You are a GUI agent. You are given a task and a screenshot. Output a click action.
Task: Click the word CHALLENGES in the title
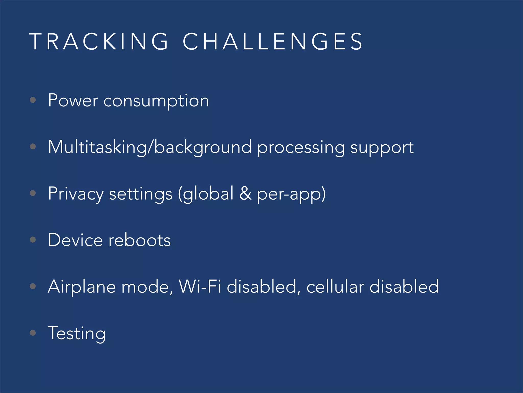click(273, 41)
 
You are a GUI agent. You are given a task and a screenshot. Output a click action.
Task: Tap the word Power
click(73, 100)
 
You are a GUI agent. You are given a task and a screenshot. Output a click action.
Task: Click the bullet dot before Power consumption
click(33, 100)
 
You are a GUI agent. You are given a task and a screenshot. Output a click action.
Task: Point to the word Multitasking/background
click(150, 147)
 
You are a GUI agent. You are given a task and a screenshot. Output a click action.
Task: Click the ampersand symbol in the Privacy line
click(245, 193)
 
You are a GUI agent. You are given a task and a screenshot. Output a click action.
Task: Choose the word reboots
click(140, 241)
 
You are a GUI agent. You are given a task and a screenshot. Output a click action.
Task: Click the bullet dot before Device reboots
click(33, 239)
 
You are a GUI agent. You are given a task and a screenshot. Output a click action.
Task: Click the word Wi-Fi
click(200, 287)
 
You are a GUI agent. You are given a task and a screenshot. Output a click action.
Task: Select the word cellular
click(335, 287)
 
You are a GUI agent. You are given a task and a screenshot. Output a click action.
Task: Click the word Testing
click(77, 334)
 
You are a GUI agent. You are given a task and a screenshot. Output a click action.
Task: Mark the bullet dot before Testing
click(33, 333)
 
